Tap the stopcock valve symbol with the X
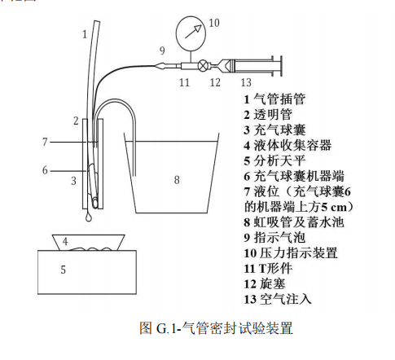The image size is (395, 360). click(x=203, y=65)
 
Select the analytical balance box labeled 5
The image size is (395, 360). click(x=87, y=272)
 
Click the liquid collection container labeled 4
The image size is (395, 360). click(x=89, y=243)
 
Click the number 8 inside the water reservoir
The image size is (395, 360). click(x=177, y=180)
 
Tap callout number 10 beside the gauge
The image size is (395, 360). click(x=214, y=23)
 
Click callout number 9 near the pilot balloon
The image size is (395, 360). click(x=162, y=50)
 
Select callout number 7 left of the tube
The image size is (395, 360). click(x=45, y=142)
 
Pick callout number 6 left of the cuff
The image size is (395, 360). click(x=45, y=170)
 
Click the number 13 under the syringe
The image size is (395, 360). click(x=246, y=82)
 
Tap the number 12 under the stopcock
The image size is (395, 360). click(x=215, y=82)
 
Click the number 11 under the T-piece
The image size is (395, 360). click(x=184, y=82)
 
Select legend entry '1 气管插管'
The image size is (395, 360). click(x=274, y=99)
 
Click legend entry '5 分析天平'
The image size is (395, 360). click(x=274, y=160)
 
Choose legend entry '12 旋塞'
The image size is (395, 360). click(x=265, y=284)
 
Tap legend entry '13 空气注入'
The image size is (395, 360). click(x=278, y=299)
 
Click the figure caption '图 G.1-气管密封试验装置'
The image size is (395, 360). click(x=217, y=328)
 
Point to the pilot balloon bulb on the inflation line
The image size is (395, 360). click(x=162, y=66)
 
